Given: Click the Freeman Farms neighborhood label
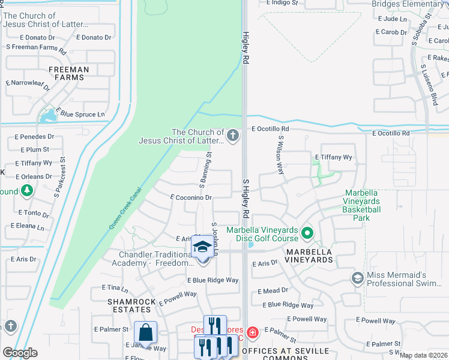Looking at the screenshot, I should tap(68, 74).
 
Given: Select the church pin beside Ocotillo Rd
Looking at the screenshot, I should tap(233, 136).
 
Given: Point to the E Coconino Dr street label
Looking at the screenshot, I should tap(191, 197).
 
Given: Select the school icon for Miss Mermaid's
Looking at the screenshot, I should tap(357, 278).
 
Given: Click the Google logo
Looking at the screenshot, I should tap(20, 353).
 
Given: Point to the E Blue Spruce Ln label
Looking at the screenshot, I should tap(80, 114).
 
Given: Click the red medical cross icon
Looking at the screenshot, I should tap(253, 332).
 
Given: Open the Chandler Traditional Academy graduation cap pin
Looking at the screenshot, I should tap(203, 247).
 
